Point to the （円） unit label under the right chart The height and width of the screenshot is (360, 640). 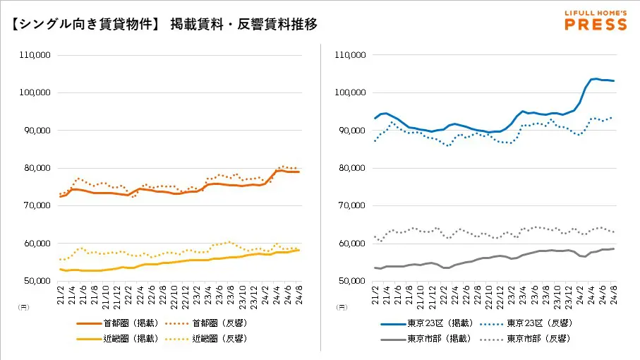[342, 307]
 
